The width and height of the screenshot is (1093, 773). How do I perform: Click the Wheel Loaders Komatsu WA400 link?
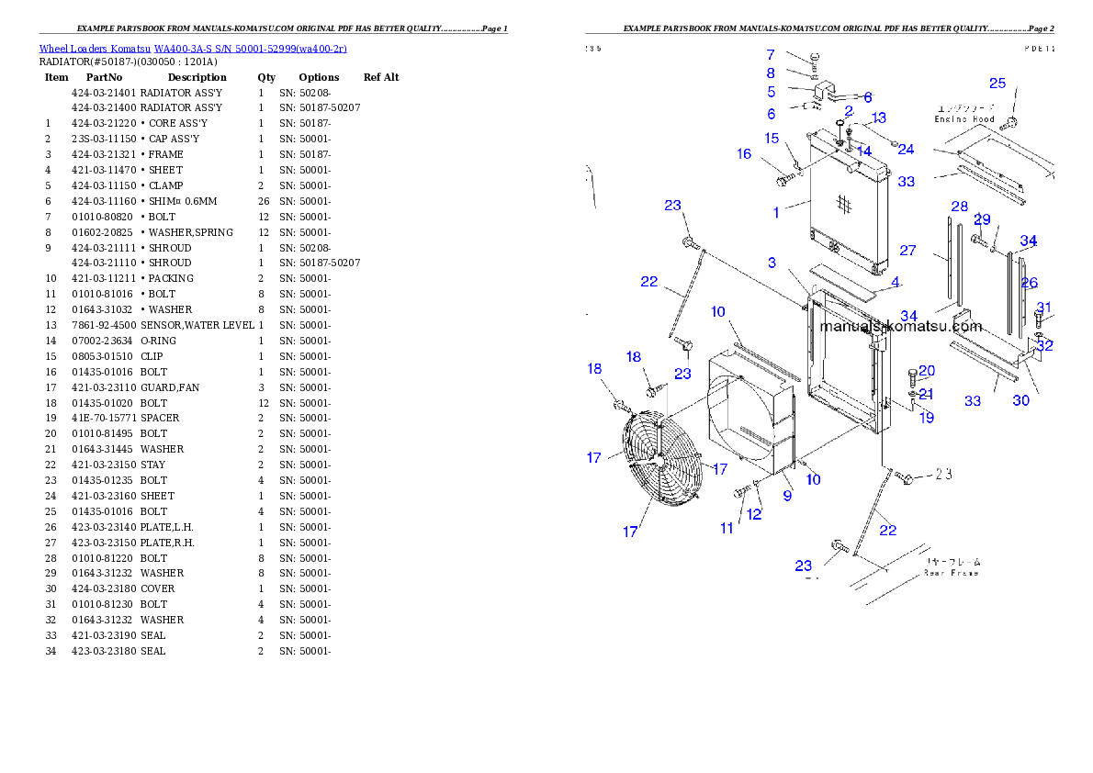(193, 49)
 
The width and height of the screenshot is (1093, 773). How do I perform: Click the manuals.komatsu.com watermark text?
(900, 326)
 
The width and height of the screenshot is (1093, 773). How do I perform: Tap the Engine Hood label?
(964, 119)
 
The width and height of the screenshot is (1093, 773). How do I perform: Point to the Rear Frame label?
(952, 573)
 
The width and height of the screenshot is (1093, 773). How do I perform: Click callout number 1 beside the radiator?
(776, 213)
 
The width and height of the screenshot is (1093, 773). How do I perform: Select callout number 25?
(997, 83)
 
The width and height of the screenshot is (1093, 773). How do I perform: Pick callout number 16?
(744, 154)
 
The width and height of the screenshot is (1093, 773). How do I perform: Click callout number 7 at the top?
(771, 55)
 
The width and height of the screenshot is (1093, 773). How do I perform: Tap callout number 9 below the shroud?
(787, 496)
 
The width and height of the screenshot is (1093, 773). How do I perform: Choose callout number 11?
(727, 528)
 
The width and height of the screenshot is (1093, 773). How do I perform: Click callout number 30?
(1021, 400)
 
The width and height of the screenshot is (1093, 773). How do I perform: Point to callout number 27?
(907, 251)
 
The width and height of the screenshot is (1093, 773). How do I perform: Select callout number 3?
(772, 263)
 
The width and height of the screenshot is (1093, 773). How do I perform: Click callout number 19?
(927, 418)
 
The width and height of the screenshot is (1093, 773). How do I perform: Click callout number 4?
(896, 281)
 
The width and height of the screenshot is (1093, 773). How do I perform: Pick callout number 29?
(982, 219)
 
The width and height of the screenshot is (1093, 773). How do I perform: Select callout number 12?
(754, 514)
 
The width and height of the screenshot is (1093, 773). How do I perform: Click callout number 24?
(907, 150)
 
